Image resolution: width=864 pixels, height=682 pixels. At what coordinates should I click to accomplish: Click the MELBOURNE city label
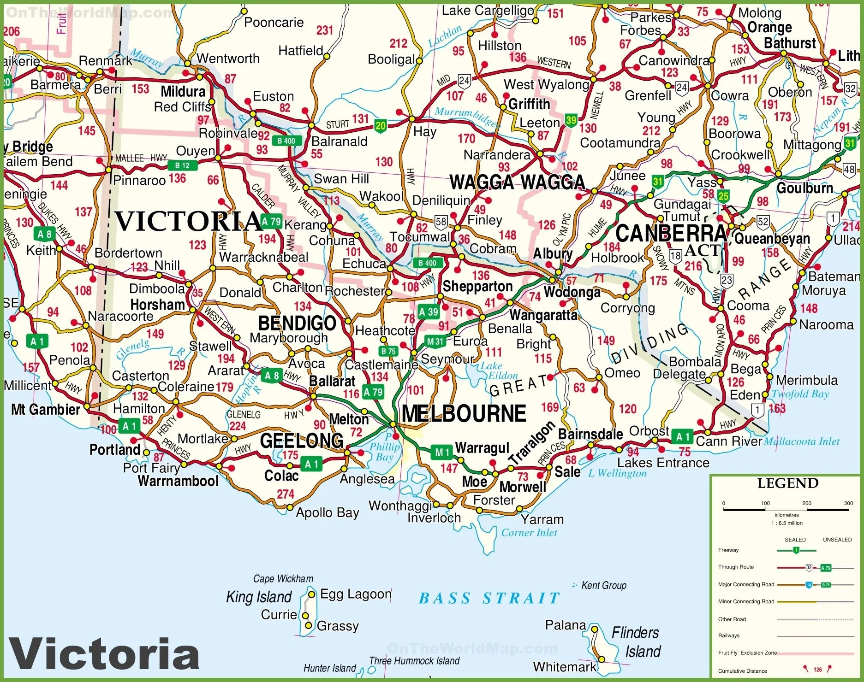click(x=464, y=413)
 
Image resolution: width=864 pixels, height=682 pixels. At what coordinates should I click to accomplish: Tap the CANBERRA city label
click(x=671, y=233)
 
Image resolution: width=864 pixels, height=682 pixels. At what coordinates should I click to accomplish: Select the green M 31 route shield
click(x=435, y=341)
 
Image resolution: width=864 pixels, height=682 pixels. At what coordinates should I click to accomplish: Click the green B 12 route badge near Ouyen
click(x=182, y=165)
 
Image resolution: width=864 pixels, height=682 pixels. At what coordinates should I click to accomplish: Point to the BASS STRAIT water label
click(x=489, y=598)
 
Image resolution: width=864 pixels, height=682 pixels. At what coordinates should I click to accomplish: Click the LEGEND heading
click(x=787, y=483)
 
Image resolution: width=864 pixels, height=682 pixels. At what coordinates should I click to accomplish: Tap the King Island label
click(x=259, y=597)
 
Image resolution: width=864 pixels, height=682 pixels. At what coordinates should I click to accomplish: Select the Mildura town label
click(x=183, y=91)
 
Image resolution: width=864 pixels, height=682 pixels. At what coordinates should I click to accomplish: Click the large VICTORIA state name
click(x=188, y=221)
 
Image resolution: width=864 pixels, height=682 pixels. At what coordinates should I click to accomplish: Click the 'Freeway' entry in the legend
click(x=728, y=550)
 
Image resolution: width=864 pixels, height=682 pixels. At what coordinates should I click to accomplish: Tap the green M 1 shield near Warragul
click(x=442, y=453)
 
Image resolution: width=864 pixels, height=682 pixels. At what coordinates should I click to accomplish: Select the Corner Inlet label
click(x=529, y=533)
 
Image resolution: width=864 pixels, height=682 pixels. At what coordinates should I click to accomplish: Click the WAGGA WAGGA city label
click(x=517, y=182)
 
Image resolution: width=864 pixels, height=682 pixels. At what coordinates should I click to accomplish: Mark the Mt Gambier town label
click(x=46, y=409)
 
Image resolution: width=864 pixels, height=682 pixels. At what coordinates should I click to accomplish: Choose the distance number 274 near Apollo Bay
click(x=286, y=494)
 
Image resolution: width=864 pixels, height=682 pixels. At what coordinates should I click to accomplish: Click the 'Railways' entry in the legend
click(x=729, y=635)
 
